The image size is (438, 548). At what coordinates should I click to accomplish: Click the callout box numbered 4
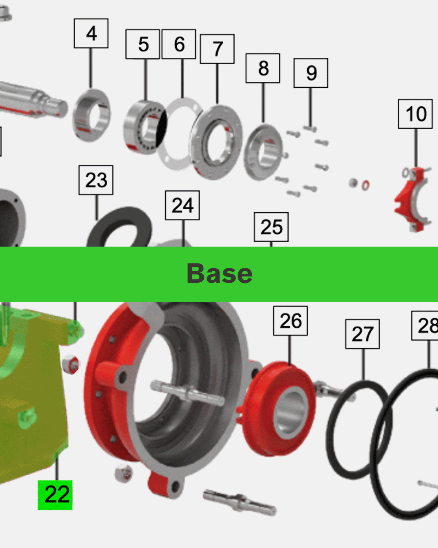point(91,33)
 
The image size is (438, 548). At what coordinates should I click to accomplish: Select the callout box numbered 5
point(143,44)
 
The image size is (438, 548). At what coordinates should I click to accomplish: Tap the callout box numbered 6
point(179,44)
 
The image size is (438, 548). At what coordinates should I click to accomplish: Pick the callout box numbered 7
point(217,49)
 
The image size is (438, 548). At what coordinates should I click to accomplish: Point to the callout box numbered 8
point(263,68)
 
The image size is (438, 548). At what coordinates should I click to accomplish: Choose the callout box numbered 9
point(311,73)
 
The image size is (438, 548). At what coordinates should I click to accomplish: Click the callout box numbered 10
point(415,114)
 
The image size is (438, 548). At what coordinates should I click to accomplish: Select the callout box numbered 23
point(96,180)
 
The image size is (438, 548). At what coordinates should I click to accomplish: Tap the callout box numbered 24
point(182,205)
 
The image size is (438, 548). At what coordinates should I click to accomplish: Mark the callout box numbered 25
point(271,227)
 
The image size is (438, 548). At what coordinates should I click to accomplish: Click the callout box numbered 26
point(291,321)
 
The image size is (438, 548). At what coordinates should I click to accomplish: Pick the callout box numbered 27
point(362,334)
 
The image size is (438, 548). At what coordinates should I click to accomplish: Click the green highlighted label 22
point(55,495)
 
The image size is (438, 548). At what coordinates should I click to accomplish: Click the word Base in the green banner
point(219,274)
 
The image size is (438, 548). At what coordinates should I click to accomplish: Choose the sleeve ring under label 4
point(91,115)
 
